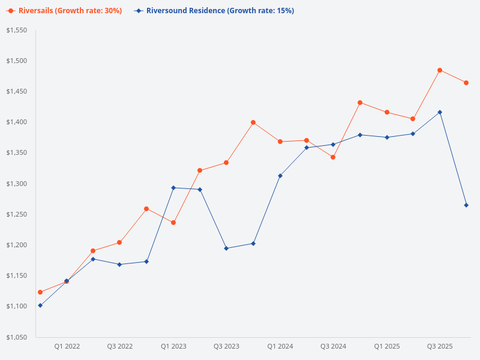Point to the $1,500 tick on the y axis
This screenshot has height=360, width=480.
pyautogui.click(x=17, y=61)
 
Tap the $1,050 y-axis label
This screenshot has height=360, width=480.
pyautogui.click(x=17, y=337)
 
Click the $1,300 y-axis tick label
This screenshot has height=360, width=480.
pyautogui.click(x=17, y=184)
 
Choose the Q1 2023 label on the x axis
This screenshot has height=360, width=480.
pyautogui.click(x=173, y=346)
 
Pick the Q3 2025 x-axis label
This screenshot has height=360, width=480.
pyautogui.click(x=440, y=346)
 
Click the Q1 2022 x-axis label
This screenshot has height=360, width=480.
pyautogui.click(x=67, y=346)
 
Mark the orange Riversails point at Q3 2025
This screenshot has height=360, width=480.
pyautogui.click(x=440, y=70)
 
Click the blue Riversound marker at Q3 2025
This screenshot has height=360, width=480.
pyautogui.click(x=440, y=112)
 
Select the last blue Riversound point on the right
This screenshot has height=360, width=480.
pyautogui.click(x=466, y=205)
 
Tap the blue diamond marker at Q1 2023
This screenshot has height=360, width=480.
pyautogui.click(x=173, y=188)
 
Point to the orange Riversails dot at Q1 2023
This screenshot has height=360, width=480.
pyautogui.click(x=173, y=223)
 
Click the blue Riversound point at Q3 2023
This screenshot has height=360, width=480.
pyautogui.click(x=226, y=248)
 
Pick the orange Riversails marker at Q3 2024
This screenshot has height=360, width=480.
pyautogui.click(x=333, y=157)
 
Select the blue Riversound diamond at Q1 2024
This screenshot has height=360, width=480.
pyautogui.click(x=280, y=176)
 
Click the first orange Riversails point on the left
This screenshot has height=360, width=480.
pyautogui.click(x=40, y=292)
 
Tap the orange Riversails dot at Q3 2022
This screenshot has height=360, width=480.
pyautogui.click(x=119, y=242)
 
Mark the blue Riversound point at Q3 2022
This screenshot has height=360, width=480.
pyautogui.click(x=119, y=265)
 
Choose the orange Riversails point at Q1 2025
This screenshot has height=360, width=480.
pyautogui.click(x=387, y=112)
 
